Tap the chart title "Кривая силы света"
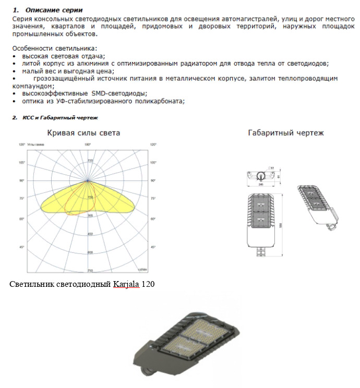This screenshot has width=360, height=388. click(84, 133)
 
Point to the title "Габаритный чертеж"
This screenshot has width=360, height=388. click(285, 133)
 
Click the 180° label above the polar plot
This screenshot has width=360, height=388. click(88, 144)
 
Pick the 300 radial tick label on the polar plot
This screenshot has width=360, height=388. click(90, 215)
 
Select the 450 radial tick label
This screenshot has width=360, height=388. click(90, 234)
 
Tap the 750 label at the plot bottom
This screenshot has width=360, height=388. click(90, 271)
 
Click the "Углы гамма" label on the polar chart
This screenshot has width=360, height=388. click(37, 144)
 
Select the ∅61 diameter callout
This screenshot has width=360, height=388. click(271, 167)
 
